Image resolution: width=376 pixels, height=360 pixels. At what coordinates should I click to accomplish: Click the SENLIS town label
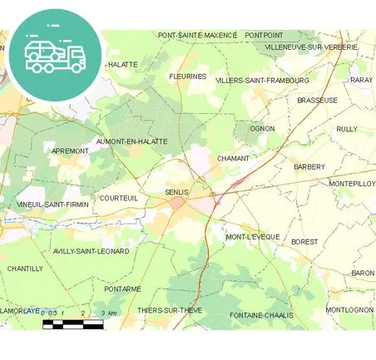click(x=176, y=192)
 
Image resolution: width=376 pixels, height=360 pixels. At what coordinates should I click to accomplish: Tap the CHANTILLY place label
click(x=25, y=269)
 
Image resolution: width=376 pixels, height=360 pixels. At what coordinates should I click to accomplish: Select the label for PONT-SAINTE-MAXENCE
click(x=197, y=35)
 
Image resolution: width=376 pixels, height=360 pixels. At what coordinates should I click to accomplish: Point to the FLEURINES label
click(x=187, y=76)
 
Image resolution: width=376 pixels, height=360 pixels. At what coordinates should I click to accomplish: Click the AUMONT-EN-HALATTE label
click(x=132, y=142)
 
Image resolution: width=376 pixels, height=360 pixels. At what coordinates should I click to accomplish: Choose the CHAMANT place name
click(x=233, y=158)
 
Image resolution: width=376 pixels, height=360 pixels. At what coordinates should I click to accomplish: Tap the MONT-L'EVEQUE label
click(x=253, y=237)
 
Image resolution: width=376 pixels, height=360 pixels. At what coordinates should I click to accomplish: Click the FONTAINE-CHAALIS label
click(x=260, y=315)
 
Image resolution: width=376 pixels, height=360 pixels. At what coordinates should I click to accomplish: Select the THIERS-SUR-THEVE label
click(x=170, y=310)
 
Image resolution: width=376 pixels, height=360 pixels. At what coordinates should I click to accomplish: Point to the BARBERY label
click(x=309, y=166)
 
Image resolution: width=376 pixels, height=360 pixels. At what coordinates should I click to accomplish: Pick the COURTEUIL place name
click(x=118, y=198)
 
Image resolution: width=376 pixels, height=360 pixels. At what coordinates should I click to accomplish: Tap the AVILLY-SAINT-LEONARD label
click(x=91, y=250)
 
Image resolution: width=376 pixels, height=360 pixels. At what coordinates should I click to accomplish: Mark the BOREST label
click(x=304, y=242)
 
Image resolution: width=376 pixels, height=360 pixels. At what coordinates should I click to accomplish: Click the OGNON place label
click(x=262, y=128)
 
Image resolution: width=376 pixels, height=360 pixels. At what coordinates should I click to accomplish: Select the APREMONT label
click(x=70, y=150)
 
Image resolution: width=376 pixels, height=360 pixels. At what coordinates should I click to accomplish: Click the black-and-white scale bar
click(x=73, y=323)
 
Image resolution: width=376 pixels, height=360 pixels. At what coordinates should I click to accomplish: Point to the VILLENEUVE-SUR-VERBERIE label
click(x=310, y=47)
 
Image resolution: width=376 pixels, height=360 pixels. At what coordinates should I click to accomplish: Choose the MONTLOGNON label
click(x=349, y=309)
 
